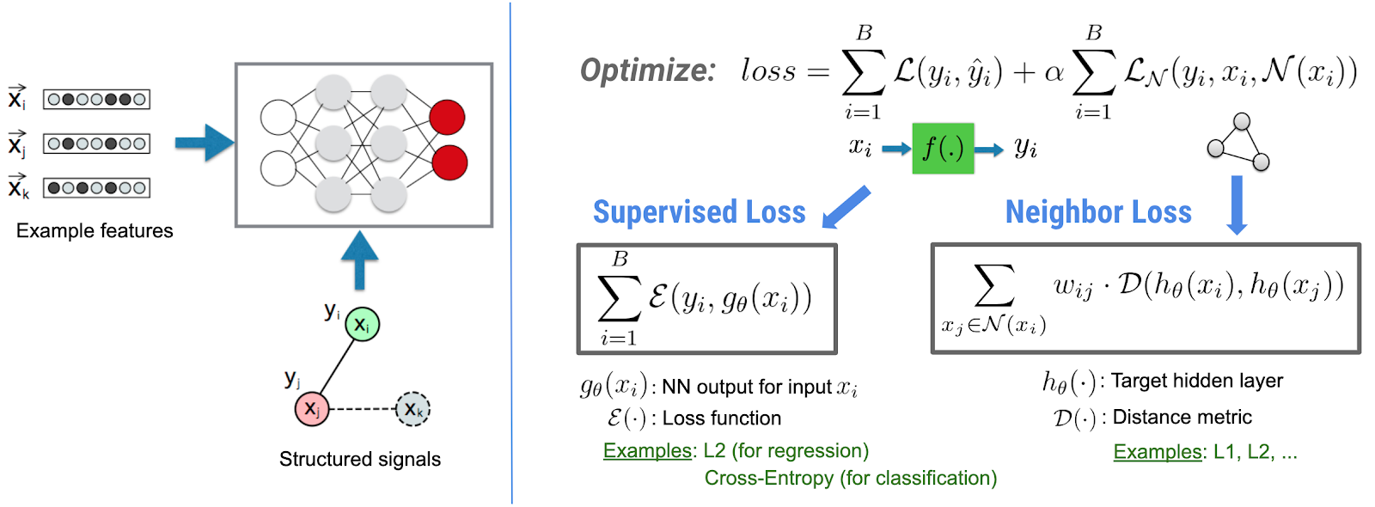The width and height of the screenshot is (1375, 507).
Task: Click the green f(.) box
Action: pos(943,149)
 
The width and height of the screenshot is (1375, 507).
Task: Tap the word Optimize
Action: pos(647,70)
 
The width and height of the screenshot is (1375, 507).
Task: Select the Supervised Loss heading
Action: pos(699,212)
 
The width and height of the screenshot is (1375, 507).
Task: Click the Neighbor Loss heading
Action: pos(1098,212)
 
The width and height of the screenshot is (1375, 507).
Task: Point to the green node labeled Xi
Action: pos(362,325)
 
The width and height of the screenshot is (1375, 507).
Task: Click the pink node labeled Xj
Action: pos(311,409)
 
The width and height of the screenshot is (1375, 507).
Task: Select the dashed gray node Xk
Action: pos(412,409)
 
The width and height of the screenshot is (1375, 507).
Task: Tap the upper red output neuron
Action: pos(447,118)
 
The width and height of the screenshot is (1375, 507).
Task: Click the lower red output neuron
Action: pos(449,162)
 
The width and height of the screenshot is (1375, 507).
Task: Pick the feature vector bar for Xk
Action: pos(97,187)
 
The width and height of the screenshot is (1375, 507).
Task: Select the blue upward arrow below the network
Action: pos(360,260)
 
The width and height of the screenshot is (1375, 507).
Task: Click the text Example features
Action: pos(95,231)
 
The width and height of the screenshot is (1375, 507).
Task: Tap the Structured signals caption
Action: pos(360,460)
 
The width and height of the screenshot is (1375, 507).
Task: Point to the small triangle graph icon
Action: pos(1239,142)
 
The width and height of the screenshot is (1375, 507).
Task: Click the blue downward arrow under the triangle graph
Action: pos(1237,205)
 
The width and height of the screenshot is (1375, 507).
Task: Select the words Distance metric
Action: pos(1182,418)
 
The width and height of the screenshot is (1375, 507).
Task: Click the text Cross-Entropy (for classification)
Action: pos(850,479)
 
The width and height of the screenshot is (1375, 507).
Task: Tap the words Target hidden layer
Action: pos(1196,381)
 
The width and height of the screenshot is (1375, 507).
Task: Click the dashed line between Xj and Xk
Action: pos(362,409)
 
